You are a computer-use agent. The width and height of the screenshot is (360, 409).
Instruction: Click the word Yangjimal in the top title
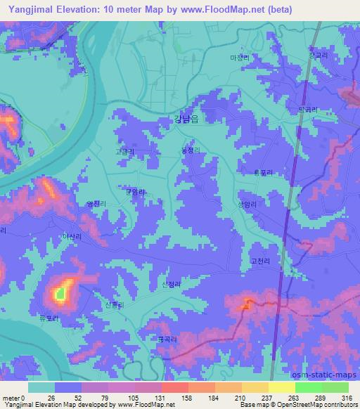[x=30, y=9]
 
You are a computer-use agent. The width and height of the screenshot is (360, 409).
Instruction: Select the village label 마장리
[x=240, y=58]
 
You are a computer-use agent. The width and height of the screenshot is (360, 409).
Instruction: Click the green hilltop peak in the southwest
[x=61, y=292]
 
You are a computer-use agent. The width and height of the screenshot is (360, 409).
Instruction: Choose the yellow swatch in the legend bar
[x=282, y=387]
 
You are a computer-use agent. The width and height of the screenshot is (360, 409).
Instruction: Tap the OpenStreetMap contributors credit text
[x=316, y=405]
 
